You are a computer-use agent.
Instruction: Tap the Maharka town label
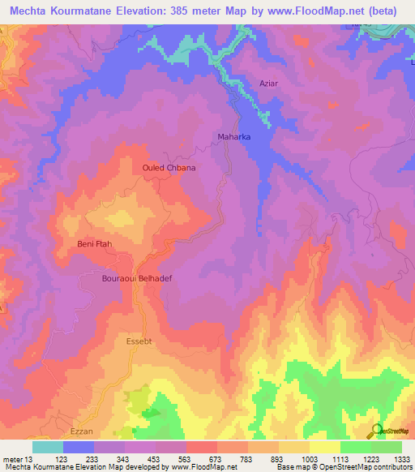pyautogui.click(x=234, y=137)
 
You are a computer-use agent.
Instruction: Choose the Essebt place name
pyautogui.click(x=139, y=341)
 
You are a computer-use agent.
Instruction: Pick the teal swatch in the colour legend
pyautogui.click(x=48, y=447)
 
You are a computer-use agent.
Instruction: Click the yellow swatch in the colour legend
pyautogui.click(x=325, y=447)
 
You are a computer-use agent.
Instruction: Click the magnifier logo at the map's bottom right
pyautogui.click(x=376, y=431)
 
